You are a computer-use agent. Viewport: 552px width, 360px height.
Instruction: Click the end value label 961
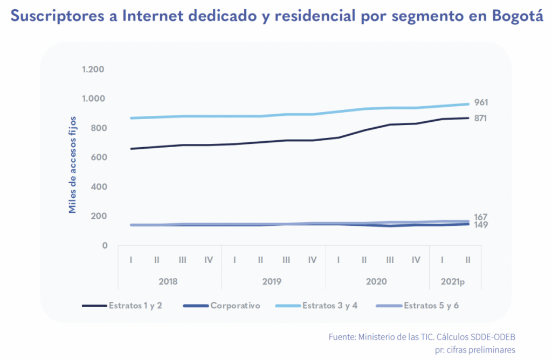click(x=481, y=102)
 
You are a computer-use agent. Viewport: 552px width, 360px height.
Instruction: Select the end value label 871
click(x=481, y=118)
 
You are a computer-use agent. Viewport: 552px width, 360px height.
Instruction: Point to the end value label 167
click(x=481, y=217)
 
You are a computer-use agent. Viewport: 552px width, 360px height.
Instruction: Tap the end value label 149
click(x=481, y=225)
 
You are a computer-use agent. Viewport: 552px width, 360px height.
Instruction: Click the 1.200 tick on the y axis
click(x=93, y=70)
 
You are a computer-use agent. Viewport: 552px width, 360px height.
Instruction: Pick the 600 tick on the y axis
click(x=96, y=157)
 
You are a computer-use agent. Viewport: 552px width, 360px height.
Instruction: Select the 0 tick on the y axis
click(x=105, y=246)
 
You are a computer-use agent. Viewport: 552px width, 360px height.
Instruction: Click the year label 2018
click(x=169, y=281)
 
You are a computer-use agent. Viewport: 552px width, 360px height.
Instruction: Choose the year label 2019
click(x=272, y=281)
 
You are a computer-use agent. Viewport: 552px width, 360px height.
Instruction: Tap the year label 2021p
click(x=455, y=281)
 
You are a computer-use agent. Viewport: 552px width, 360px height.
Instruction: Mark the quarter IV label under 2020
click(x=416, y=260)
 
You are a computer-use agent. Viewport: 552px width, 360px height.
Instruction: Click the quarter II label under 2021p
click(x=468, y=260)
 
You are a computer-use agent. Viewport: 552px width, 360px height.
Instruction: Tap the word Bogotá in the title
click(x=517, y=17)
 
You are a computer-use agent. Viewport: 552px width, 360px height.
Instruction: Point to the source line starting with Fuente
click(x=422, y=337)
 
